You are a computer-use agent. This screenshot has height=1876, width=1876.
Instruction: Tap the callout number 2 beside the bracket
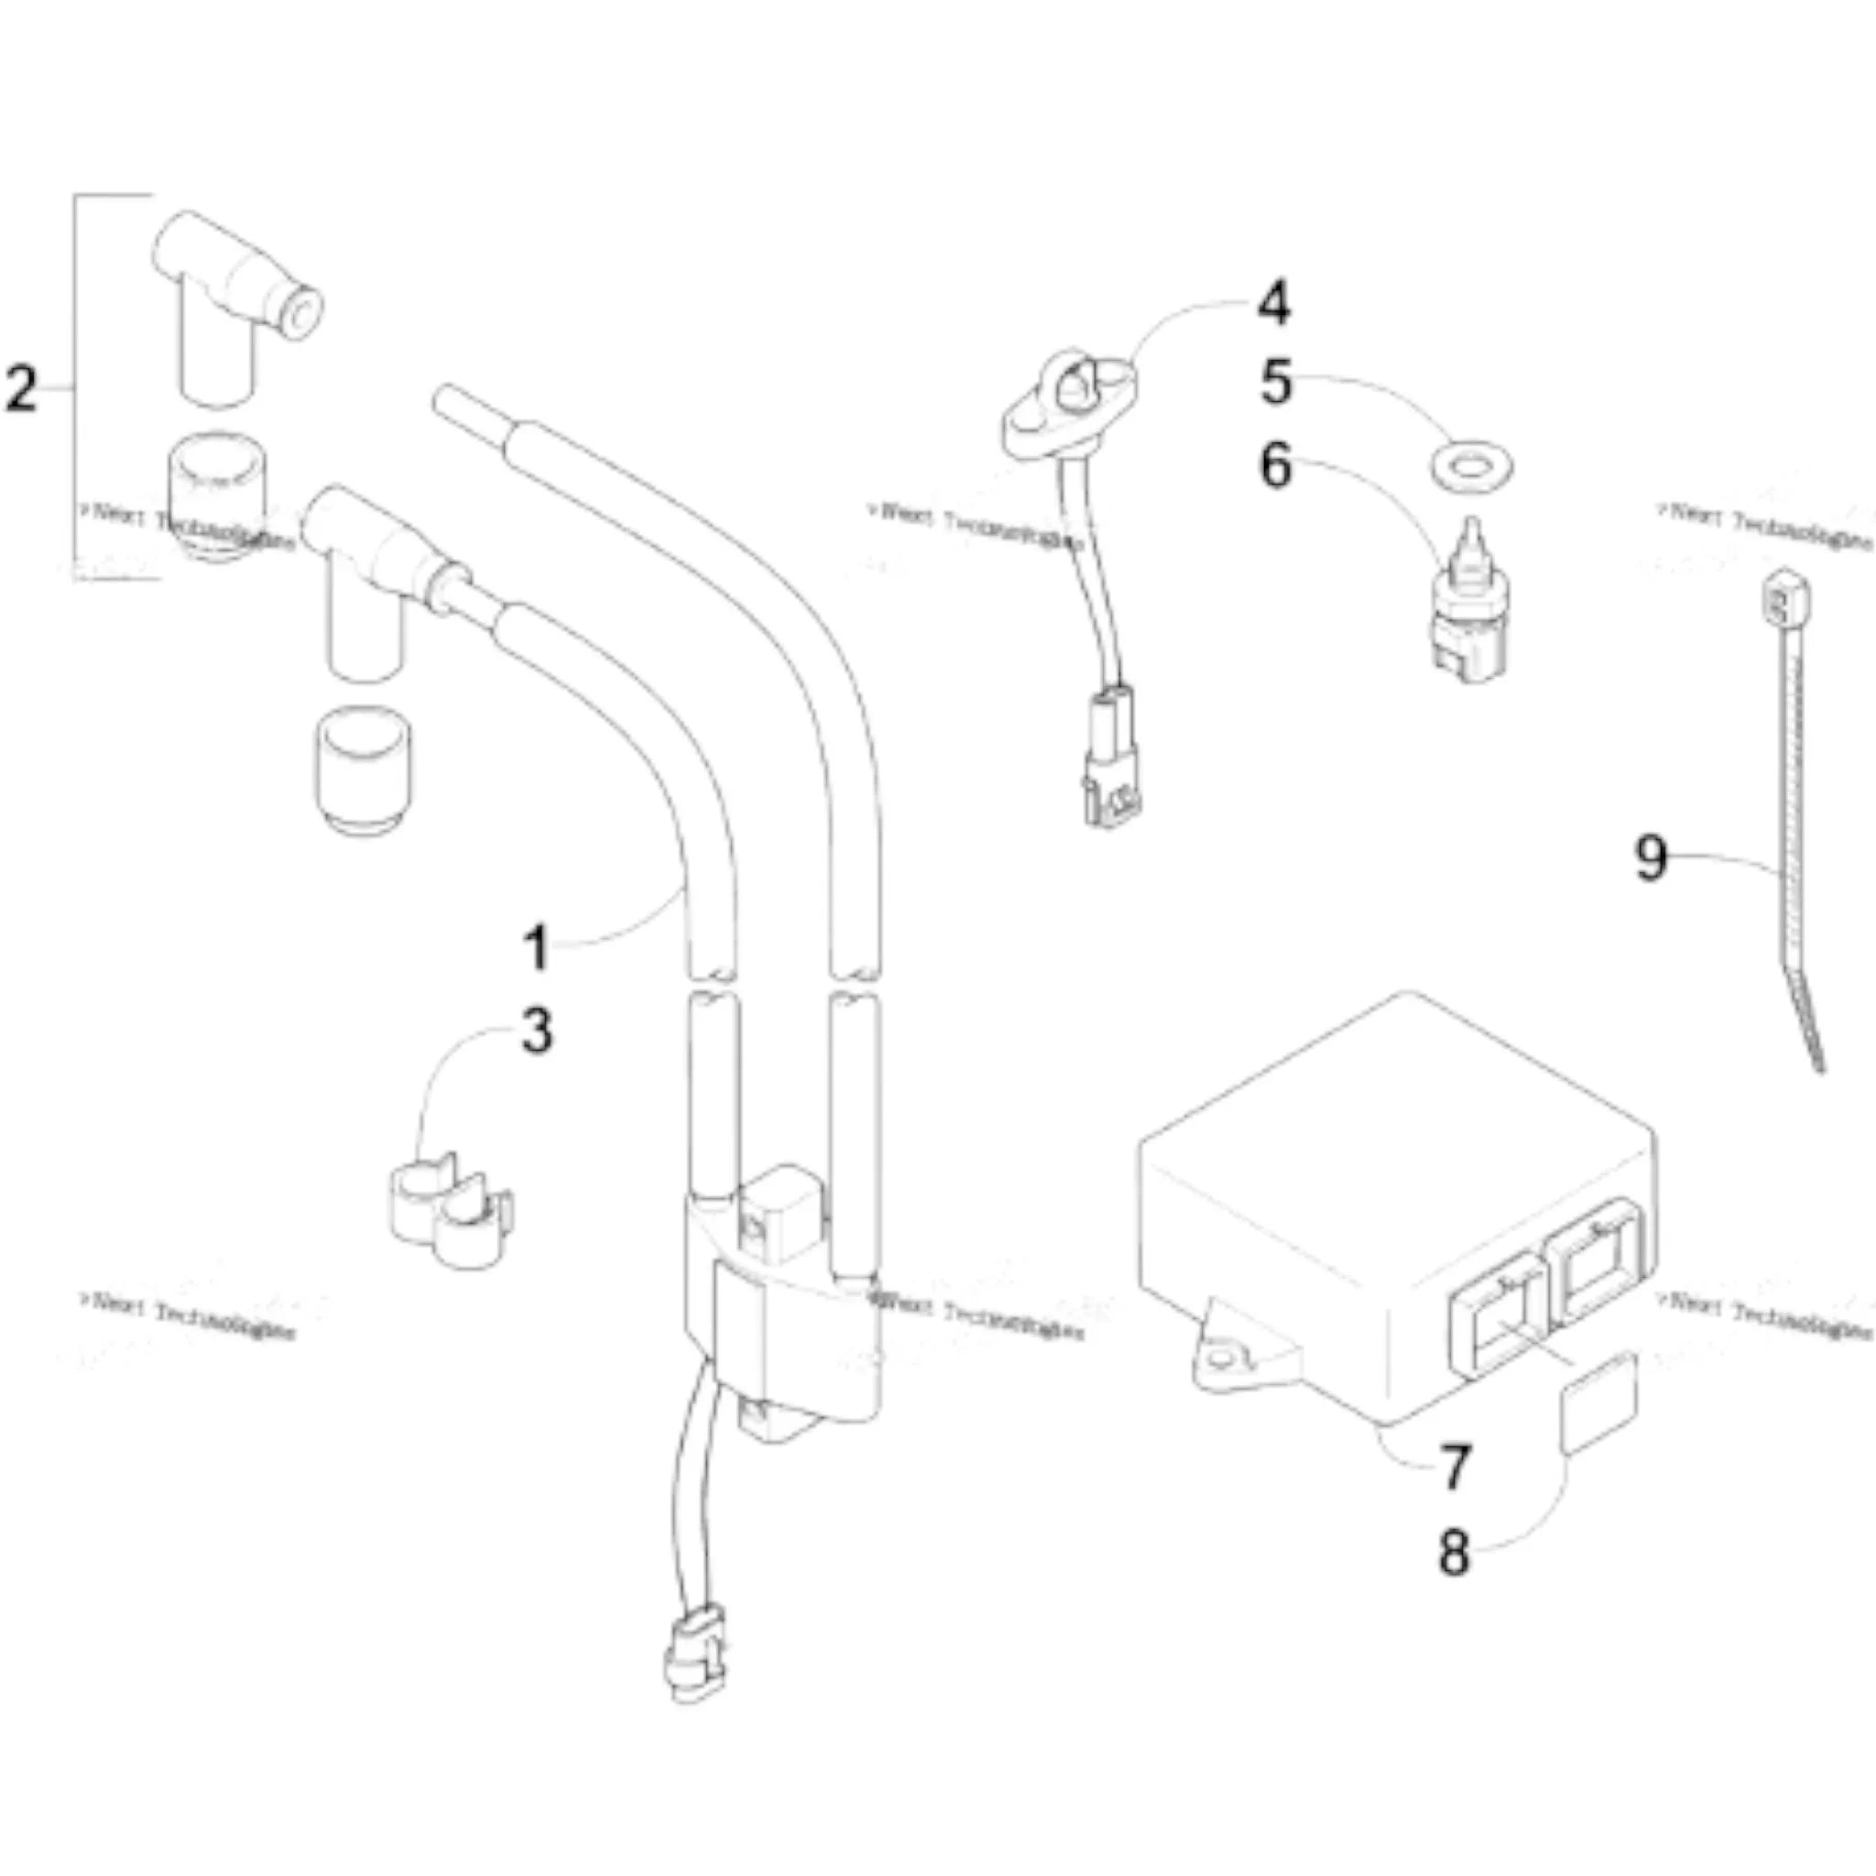click(21, 388)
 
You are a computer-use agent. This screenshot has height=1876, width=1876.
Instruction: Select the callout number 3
click(536, 1031)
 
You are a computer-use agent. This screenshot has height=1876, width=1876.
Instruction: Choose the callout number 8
click(1454, 1552)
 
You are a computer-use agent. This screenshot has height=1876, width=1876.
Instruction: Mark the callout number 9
click(1652, 856)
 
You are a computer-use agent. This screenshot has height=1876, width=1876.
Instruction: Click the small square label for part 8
click(1598, 1403)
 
